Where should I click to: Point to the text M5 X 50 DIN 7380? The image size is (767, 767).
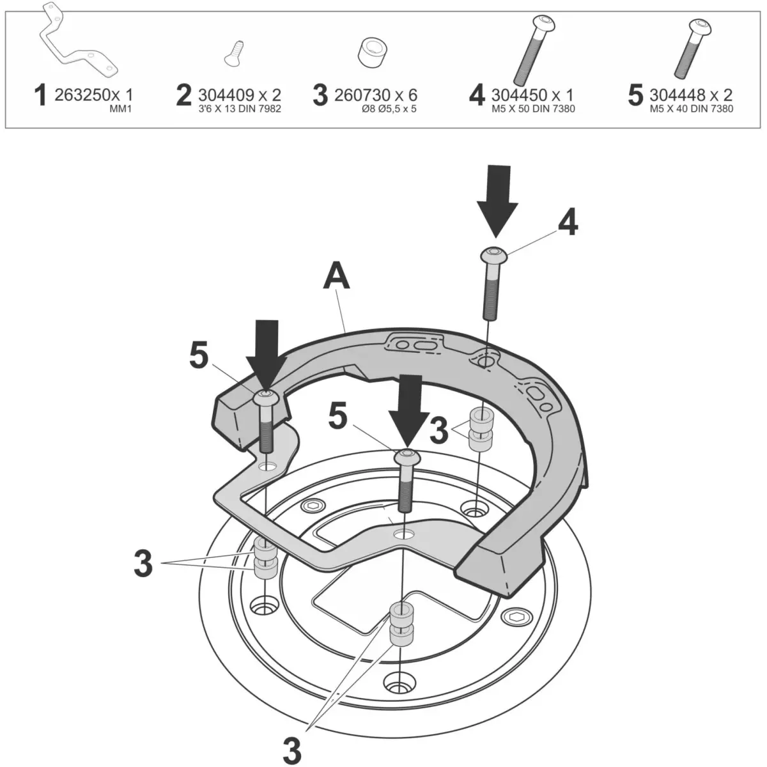point(533,109)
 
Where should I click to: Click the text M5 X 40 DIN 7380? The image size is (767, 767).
point(691,109)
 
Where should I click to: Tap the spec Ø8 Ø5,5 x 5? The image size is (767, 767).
point(380,109)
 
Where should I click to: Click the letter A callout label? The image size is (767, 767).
point(337,276)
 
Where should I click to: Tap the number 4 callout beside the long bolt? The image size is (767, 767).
point(567,223)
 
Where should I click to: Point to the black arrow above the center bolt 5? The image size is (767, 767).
point(407,408)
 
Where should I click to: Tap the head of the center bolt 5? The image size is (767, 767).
point(405,457)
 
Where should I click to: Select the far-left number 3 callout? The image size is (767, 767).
point(143,563)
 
